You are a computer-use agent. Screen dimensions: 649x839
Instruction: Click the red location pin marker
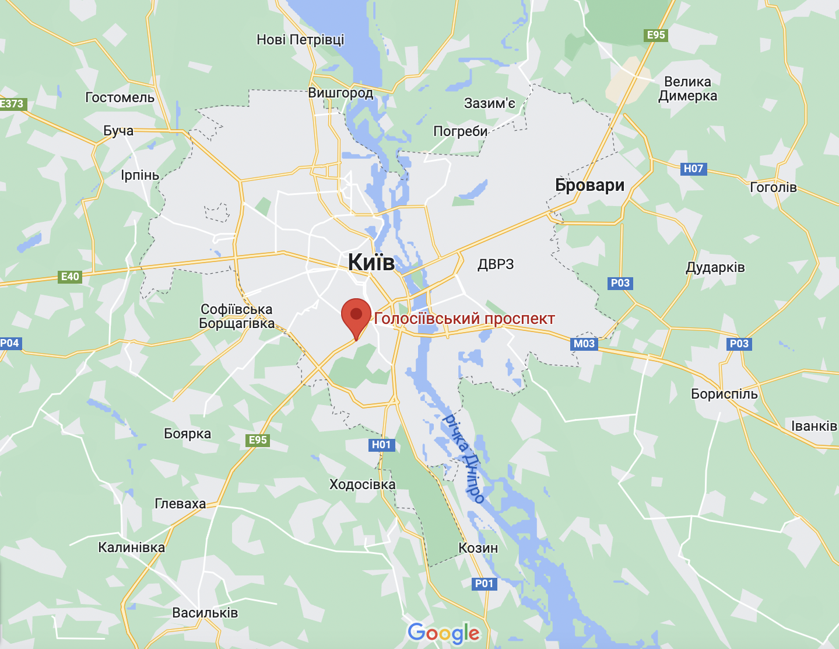pos(356,316)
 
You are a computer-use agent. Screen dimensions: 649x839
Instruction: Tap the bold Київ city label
pos(371,263)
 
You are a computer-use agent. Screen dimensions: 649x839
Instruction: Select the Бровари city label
pos(589,186)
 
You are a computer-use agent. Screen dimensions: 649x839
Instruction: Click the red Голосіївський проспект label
pos(464,319)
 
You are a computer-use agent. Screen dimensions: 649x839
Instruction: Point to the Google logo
pos(444,633)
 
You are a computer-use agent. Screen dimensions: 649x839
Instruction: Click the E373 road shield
pos(12,104)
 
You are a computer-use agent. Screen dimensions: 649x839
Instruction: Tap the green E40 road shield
pos(70,277)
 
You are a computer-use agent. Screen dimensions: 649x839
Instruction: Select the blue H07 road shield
pos(693,169)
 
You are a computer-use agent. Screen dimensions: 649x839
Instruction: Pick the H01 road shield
pos(381,445)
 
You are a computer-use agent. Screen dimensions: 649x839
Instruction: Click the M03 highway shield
pos(584,344)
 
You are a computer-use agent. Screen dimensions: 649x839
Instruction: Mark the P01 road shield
pos(484,584)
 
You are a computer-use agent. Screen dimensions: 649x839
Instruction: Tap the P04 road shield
pos(10,343)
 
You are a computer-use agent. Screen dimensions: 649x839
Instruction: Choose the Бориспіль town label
pos(724,394)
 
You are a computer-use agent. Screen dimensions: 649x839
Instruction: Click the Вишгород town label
pos(340,93)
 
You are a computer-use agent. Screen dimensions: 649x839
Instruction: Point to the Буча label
pos(118,131)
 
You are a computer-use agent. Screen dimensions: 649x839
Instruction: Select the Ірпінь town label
pos(140,175)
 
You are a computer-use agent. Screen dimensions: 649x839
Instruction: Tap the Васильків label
pos(205,613)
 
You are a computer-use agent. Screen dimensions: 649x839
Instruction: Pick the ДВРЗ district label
pos(496,264)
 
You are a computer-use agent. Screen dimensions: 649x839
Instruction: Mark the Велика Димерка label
pos(688,89)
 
